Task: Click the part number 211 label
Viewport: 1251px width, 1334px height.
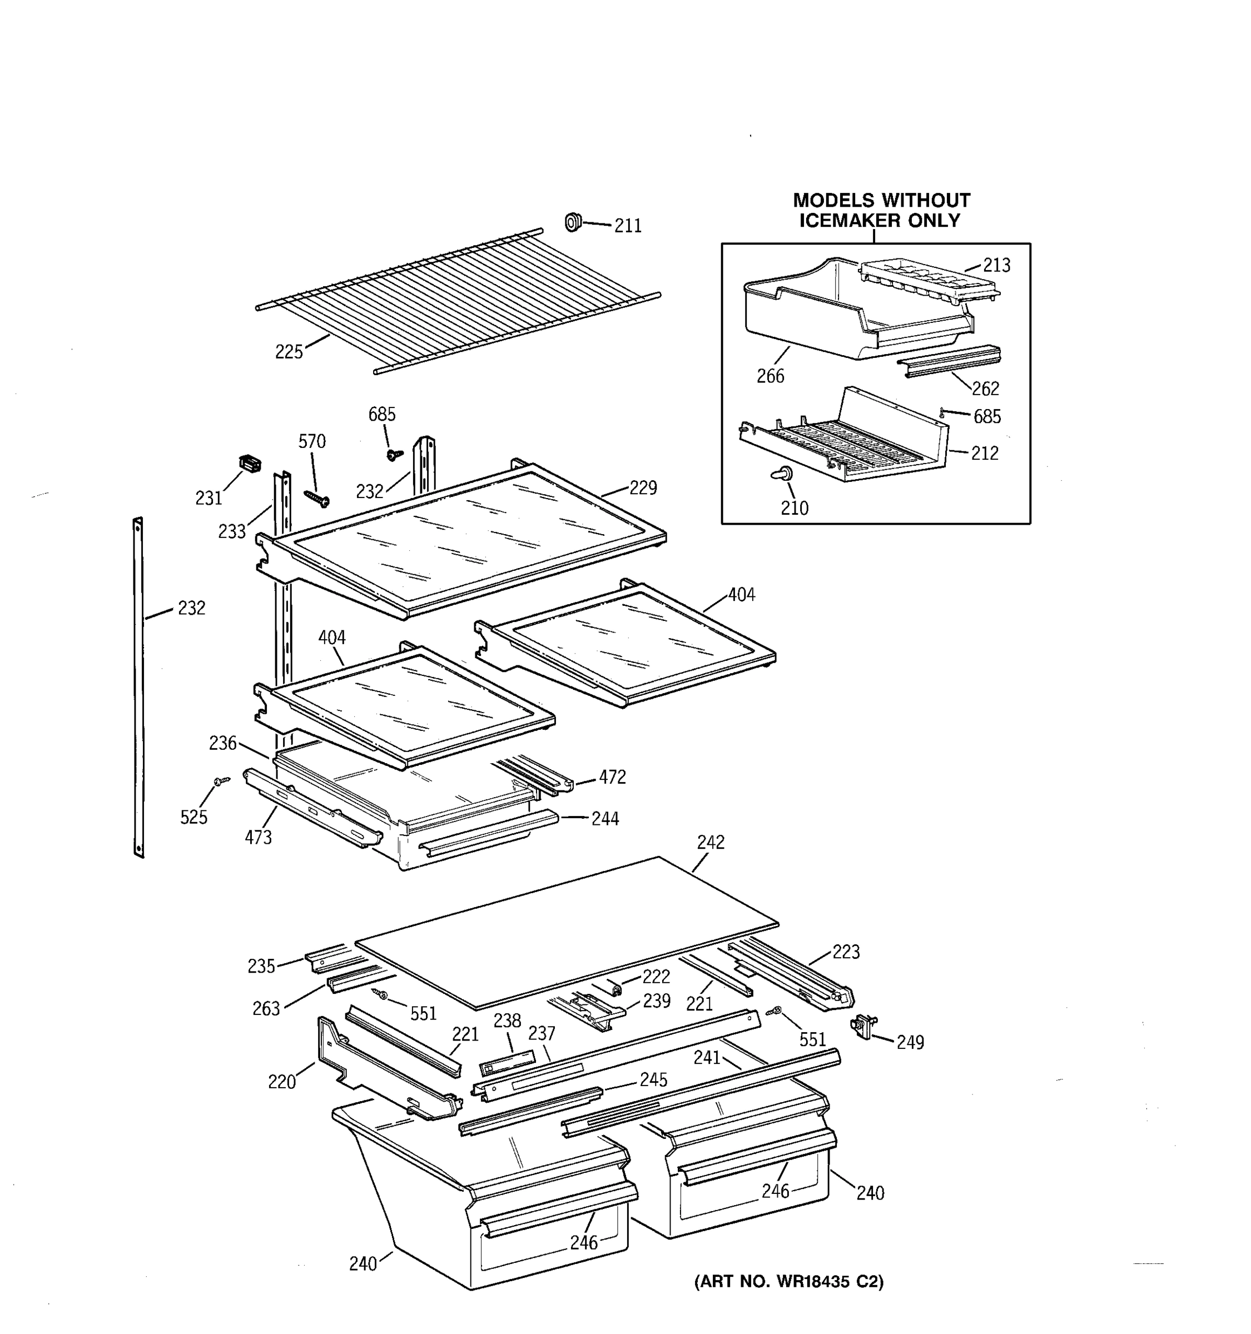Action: pos(628,226)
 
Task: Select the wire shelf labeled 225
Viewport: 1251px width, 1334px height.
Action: pos(456,302)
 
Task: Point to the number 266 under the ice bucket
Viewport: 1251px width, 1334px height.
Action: pos(770,376)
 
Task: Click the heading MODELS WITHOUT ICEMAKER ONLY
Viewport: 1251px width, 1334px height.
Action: pos(881,210)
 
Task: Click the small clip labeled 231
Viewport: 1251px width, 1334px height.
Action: pos(250,463)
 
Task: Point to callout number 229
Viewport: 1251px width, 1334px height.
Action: pos(642,488)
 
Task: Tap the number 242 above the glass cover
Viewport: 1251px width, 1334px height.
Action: pos(711,842)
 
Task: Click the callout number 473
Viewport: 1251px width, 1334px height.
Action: pos(258,838)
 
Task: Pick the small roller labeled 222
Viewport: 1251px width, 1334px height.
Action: pos(615,988)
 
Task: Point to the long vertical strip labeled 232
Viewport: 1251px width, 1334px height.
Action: pos(138,688)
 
